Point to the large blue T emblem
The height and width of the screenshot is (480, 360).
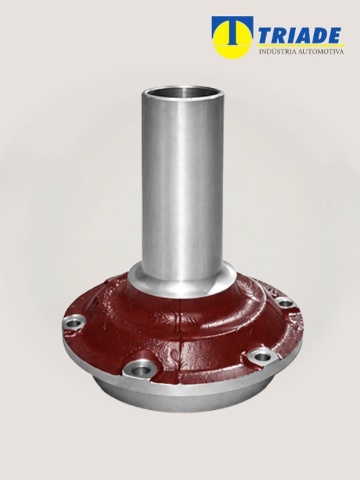point(233,29)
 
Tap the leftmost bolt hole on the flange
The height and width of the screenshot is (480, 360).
point(75,323)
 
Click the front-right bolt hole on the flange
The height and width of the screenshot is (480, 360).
point(262,357)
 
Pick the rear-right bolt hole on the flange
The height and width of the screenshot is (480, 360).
point(285,304)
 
